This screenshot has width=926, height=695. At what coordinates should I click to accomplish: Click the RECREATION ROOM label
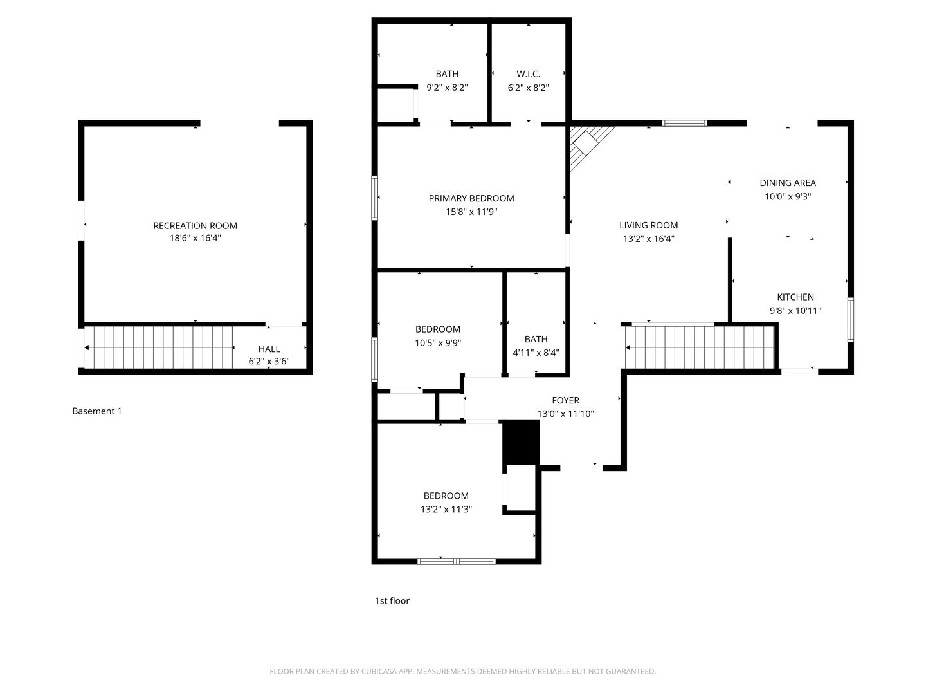click(x=195, y=226)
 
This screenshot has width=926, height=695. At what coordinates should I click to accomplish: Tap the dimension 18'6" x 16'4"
click(x=195, y=238)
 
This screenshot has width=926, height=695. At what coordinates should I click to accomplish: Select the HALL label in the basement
click(x=269, y=349)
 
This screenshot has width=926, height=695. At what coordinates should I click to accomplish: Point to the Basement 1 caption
click(x=97, y=411)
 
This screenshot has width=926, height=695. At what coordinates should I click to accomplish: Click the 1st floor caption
click(x=392, y=600)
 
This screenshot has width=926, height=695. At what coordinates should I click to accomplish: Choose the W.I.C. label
click(x=528, y=74)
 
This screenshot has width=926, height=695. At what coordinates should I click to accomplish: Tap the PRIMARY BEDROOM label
click(x=471, y=198)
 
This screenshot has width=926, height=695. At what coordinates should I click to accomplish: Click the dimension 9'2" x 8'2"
click(x=447, y=88)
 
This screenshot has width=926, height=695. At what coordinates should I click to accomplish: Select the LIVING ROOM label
click(x=648, y=225)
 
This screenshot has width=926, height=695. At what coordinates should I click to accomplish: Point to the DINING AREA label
click(x=788, y=183)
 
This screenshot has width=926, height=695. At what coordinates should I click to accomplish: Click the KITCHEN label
click(x=795, y=297)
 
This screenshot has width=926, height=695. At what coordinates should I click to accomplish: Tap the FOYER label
click(x=565, y=400)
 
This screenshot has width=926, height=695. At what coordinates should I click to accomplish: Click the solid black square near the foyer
click(x=521, y=443)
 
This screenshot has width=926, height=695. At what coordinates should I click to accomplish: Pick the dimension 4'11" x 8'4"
click(x=536, y=353)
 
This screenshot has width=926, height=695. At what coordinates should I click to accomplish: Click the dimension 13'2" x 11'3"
click(x=446, y=509)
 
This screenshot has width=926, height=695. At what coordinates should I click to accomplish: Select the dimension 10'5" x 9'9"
click(x=437, y=342)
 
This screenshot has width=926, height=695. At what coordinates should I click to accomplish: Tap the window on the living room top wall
click(x=684, y=123)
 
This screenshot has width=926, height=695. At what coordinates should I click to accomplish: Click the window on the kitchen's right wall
click(x=851, y=320)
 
